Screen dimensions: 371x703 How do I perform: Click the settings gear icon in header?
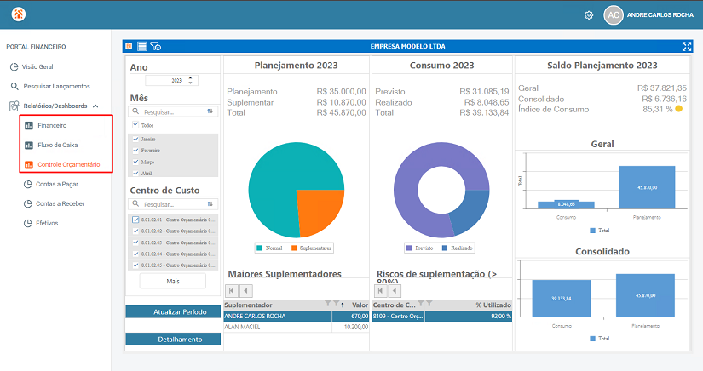[589, 15]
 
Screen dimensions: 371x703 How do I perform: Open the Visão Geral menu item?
[37, 66]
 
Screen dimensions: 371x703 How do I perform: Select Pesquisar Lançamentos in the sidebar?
[55, 86]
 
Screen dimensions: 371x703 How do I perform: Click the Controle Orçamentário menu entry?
[68, 163]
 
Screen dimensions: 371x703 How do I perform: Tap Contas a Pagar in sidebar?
[56, 183]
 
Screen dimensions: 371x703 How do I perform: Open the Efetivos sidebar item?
[48, 223]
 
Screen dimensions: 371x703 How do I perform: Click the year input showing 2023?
[170, 81]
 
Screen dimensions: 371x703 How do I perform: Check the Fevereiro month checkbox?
[135, 150]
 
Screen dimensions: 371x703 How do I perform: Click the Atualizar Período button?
[173, 311]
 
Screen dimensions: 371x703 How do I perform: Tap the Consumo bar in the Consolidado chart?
[561, 298]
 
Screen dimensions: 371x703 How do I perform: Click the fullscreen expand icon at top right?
[687, 47]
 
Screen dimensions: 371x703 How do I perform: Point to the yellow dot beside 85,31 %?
[678, 109]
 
